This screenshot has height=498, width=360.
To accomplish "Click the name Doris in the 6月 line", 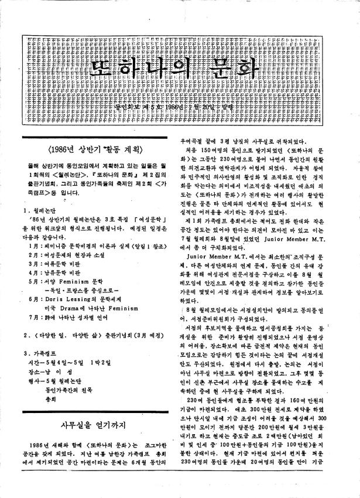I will (57, 315).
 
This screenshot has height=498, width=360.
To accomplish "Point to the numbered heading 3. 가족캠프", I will (39, 370).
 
